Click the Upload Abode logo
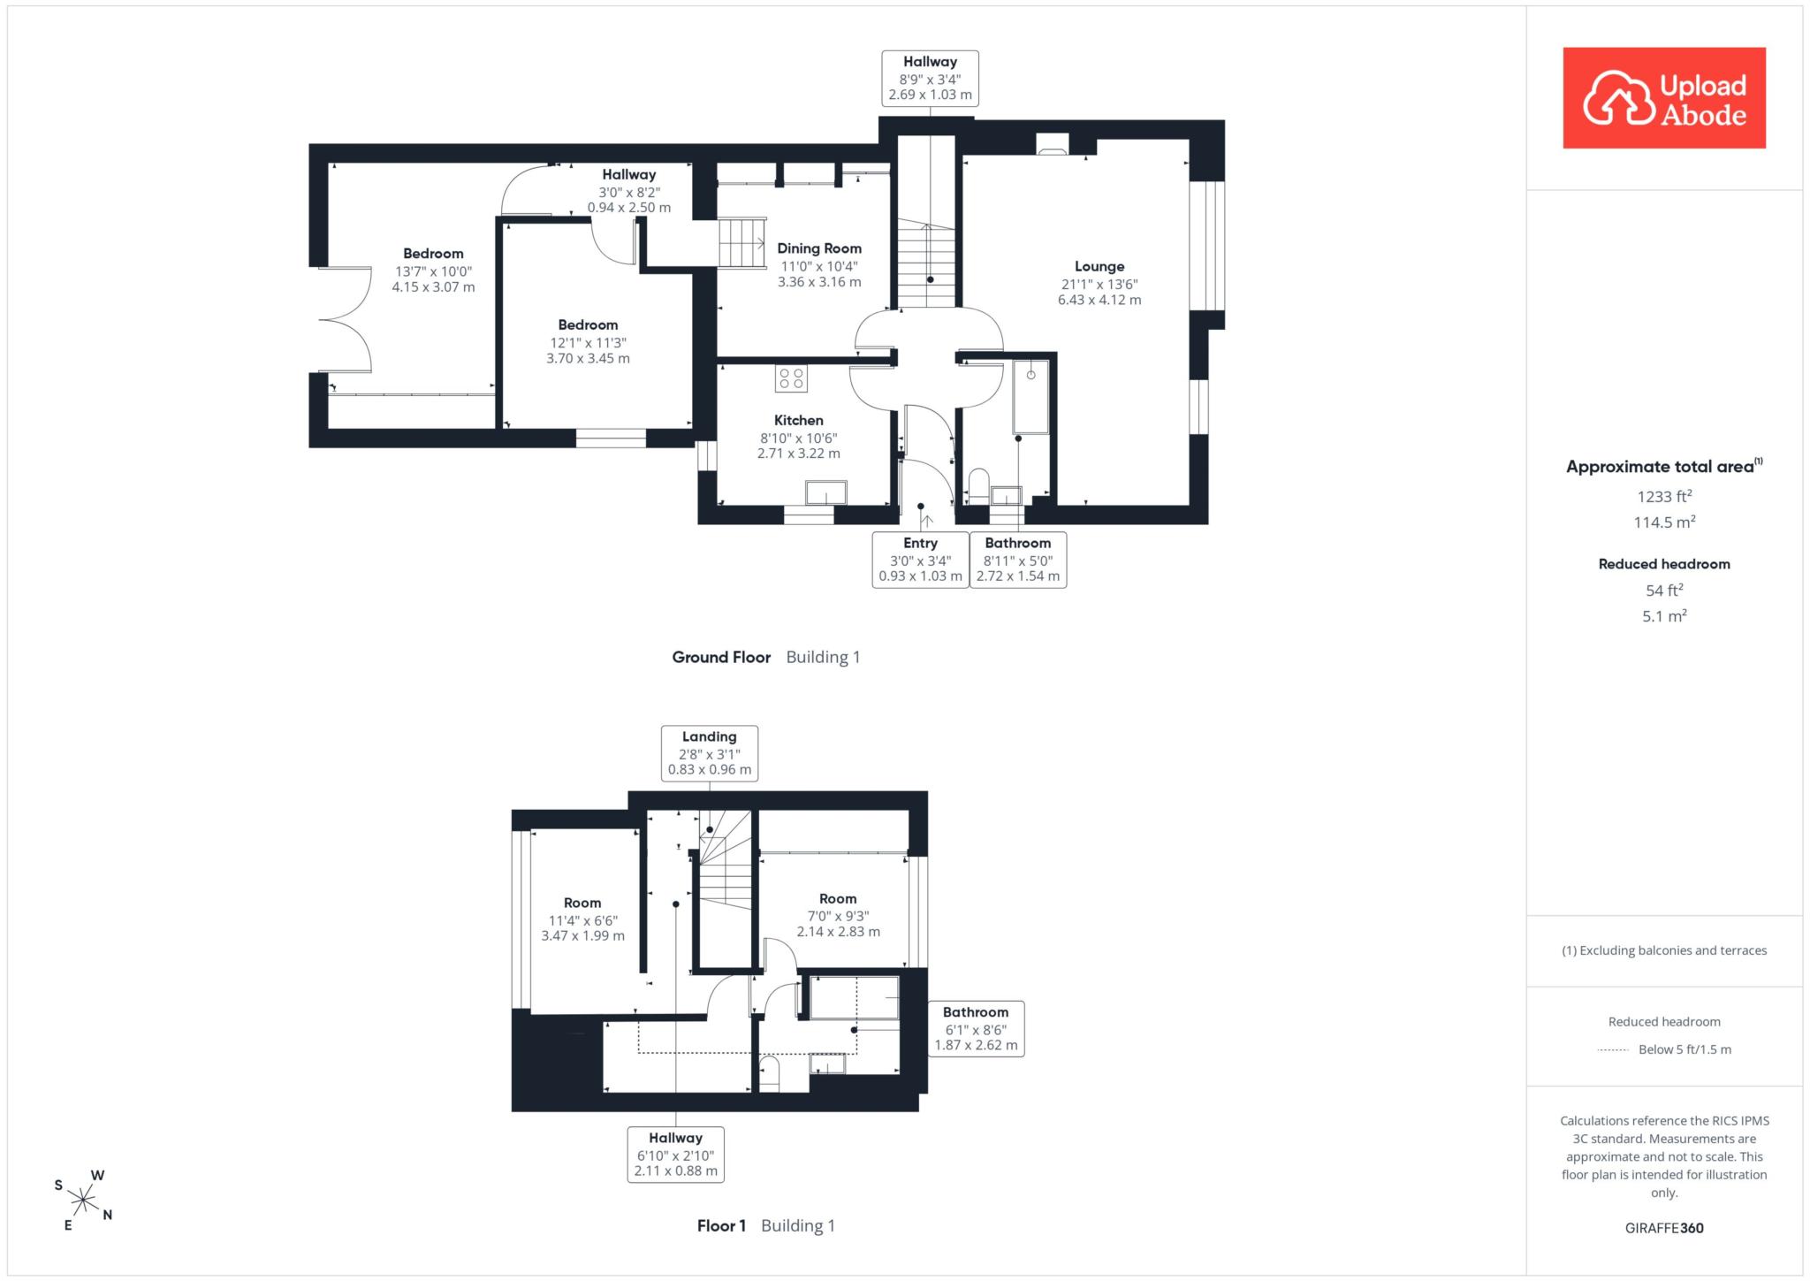point(1664,98)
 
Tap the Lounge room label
point(1099,283)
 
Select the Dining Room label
point(819,265)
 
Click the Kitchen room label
point(799,437)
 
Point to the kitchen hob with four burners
point(790,378)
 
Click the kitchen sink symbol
point(825,492)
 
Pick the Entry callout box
point(920,560)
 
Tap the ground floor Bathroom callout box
point(1018,560)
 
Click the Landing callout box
point(710,753)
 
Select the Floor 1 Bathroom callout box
point(976,1029)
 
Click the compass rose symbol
point(83,1201)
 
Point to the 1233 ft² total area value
point(1664,496)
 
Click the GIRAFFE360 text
point(1664,1228)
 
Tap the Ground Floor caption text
point(721,657)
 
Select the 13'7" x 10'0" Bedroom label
point(433,271)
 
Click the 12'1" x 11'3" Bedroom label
point(588,341)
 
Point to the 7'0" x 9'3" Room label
point(838,915)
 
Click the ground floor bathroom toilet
point(977,485)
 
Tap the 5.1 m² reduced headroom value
point(1664,616)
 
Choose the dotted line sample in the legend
point(1613,1050)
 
